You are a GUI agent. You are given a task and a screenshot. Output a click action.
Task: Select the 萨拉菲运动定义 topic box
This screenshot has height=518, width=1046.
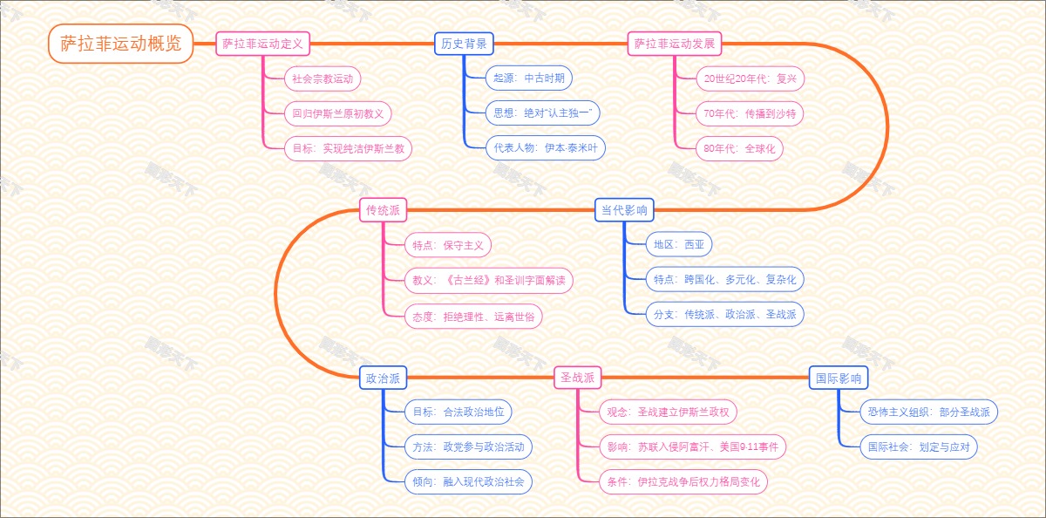coord(262,44)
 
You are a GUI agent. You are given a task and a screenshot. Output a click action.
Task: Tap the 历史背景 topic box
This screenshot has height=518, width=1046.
coord(464,44)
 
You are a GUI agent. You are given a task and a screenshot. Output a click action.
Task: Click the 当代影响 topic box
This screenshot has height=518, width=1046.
coord(624,210)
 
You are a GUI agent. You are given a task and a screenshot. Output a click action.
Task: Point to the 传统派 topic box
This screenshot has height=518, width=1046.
coord(384,210)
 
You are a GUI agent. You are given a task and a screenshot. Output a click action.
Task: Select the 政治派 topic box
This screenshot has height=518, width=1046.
coord(384,378)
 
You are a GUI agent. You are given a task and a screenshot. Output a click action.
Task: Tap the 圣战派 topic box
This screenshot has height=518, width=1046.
coord(578,378)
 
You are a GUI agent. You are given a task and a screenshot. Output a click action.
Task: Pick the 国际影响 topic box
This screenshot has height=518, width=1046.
coord(838,378)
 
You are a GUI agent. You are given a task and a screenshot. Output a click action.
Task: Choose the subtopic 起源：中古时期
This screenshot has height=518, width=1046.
coord(529,78)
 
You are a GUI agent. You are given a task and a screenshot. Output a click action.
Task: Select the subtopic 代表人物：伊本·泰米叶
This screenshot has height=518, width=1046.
coord(545,148)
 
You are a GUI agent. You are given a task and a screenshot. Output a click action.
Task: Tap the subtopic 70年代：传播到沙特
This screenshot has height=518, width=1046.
coord(750,113)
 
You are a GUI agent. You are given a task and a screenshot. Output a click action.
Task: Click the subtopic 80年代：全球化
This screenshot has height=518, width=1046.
coord(739,148)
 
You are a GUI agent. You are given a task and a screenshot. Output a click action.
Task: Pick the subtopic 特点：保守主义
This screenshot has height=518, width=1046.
coord(448,245)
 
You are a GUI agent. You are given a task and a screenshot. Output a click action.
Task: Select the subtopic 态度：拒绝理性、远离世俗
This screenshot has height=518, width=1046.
coord(473,316)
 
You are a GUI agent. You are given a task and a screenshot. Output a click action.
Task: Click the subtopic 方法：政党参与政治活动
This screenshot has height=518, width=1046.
coord(468,446)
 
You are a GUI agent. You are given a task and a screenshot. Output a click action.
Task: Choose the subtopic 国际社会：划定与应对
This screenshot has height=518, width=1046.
coord(919,446)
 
